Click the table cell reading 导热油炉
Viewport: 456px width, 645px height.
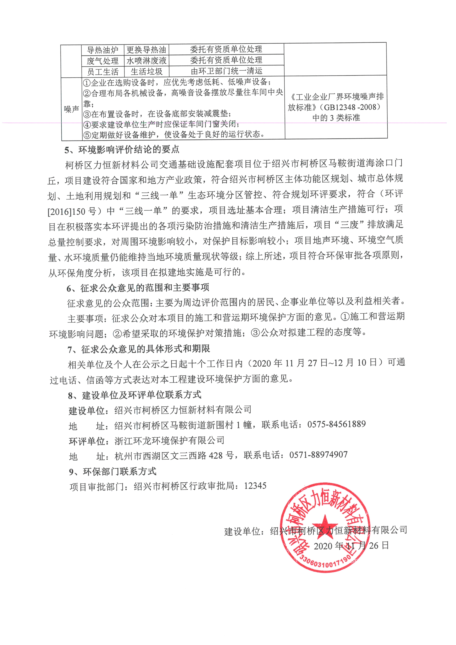[102, 50]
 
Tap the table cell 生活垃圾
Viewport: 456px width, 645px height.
[146, 71]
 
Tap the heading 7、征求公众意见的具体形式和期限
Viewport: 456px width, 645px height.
[139, 349]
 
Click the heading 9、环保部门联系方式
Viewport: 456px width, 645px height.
[112, 471]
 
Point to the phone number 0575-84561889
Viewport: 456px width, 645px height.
[336, 424]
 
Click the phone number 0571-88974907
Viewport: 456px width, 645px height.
[318, 454]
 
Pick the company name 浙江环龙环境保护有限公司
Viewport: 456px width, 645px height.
[169, 440]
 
